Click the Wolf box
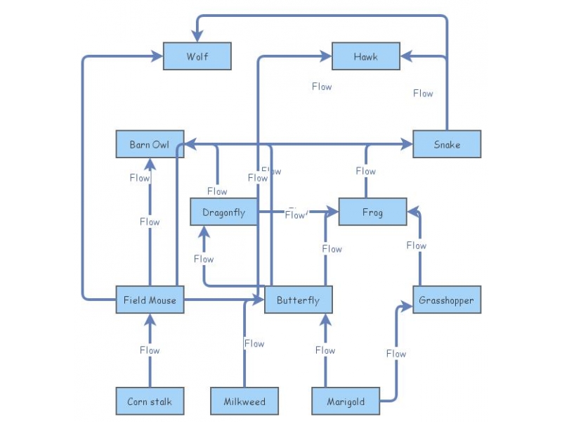(x=197, y=56)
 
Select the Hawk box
(x=365, y=56)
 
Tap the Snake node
(x=447, y=144)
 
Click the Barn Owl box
(x=150, y=144)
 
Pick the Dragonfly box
(x=224, y=212)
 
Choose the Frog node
(x=372, y=212)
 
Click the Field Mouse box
(x=150, y=300)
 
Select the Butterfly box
(x=298, y=300)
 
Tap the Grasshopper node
(x=447, y=300)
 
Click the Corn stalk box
(x=150, y=402)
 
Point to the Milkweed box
(x=244, y=402)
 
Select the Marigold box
(x=346, y=402)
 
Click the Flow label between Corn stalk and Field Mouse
(x=150, y=350)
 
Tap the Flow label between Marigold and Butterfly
(x=325, y=350)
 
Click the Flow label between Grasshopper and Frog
(x=417, y=245)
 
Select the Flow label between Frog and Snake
(x=365, y=171)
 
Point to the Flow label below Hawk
(x=322, y=87)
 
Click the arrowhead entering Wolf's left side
(x=159, y=56)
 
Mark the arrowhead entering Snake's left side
(x=408, y=144)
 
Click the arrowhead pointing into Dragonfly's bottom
(x=204, y=231)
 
